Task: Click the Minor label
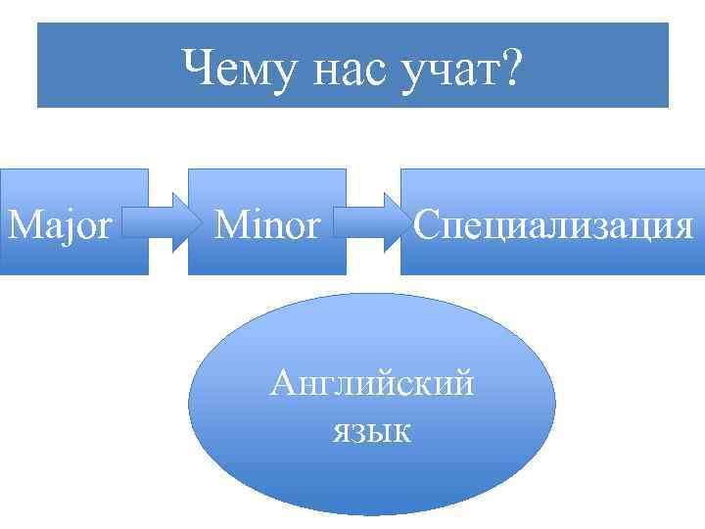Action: click(266, 225)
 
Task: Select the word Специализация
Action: click(553, 225)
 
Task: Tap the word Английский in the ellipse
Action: click(372, 381)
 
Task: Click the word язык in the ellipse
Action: click(372, 429)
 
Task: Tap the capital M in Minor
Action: click(231, 225)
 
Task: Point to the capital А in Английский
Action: click(283, 381)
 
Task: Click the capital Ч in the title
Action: click(196, 69)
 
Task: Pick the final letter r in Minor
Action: click(313, 228)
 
